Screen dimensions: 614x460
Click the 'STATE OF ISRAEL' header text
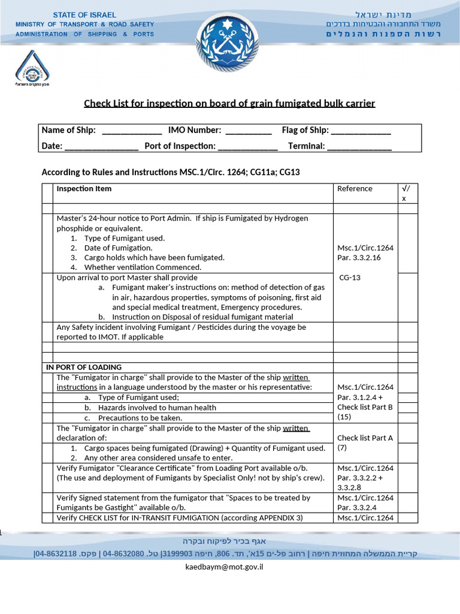84,15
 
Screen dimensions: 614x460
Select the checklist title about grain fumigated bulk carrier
229,104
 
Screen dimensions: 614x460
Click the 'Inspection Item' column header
84,189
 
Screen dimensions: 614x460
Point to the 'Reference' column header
355,189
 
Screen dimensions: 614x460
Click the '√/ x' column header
406,193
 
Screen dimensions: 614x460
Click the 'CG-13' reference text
350,278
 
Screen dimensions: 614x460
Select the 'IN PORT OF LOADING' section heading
84,367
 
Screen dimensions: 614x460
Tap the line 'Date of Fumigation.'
118,248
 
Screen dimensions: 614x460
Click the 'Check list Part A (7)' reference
365,443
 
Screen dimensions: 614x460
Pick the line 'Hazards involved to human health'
157,408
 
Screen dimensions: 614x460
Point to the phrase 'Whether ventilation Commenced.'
143,267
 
